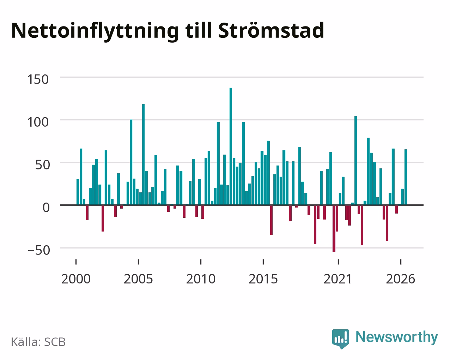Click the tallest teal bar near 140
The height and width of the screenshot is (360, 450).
[x=231, y=146]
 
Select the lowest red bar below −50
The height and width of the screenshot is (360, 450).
[x=334, y=229]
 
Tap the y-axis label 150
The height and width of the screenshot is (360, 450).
[x=38, y=79]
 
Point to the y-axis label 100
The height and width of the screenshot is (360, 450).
[x=38, y=122]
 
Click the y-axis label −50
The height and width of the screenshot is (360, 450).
[x=39, y=250]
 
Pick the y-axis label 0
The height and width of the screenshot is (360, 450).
[x=46, y=208]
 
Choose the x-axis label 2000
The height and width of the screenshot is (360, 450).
[x=76, y=279]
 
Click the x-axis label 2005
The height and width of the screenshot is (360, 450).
[x=138, y=279]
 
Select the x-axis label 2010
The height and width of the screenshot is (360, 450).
[x=201, y=279]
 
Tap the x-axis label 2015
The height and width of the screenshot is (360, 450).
[x=263, y=279]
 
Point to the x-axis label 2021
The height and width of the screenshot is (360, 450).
[x=338, y=279]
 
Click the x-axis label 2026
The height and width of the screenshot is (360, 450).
[x=400, y=279]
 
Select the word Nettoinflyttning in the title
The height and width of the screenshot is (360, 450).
[x=95, y=32]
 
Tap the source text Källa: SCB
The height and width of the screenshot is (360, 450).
[x=38, y=342]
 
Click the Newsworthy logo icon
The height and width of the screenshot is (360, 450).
[x=341, y=338]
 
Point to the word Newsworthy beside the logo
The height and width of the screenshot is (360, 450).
[x=397, y=337]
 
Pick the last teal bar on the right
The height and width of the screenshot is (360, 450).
[x=406, y=177]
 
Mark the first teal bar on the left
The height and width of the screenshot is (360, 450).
[x=78, y=192]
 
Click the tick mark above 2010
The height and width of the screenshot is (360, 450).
[x=201, y=262]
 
